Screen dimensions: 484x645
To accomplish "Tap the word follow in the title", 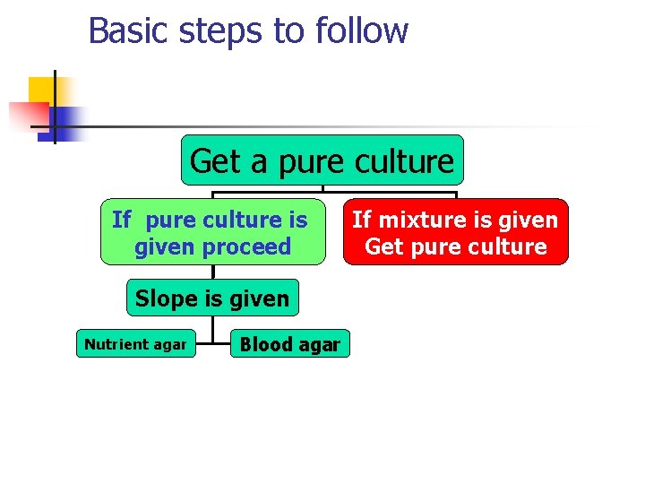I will (x=362, y=30).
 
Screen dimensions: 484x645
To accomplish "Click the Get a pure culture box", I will (x=322, y=160).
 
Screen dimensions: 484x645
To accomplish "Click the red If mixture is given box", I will (x=455, y=232).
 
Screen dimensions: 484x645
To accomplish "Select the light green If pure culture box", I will (x=212, y=232).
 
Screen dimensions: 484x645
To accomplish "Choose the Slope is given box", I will (x=212, y=298).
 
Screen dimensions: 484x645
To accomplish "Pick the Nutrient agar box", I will (x=135, y=344).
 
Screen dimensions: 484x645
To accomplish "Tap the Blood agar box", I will (x=289, y=344).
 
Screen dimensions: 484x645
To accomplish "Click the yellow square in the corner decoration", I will (x=41, y=89).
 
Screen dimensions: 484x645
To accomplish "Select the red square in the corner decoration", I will (x=27, y=116).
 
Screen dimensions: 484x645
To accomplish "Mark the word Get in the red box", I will (x=383, y=246).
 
